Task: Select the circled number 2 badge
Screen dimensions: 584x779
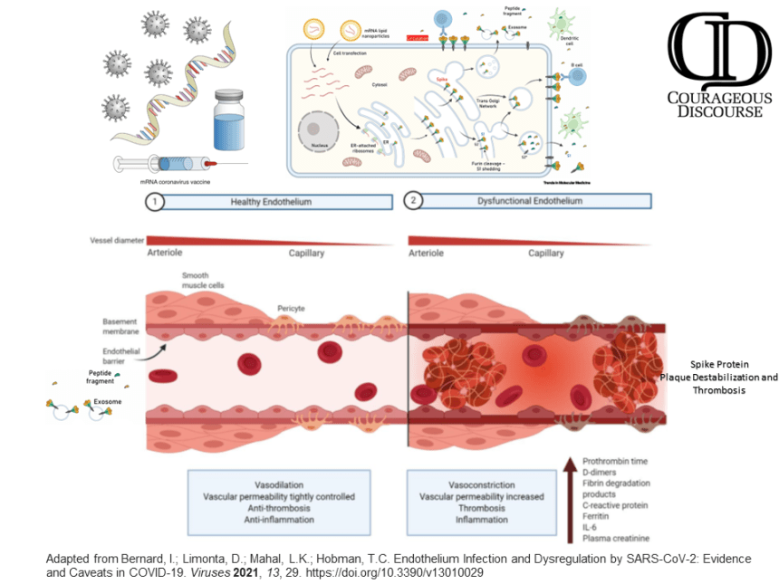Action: (415, 201)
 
